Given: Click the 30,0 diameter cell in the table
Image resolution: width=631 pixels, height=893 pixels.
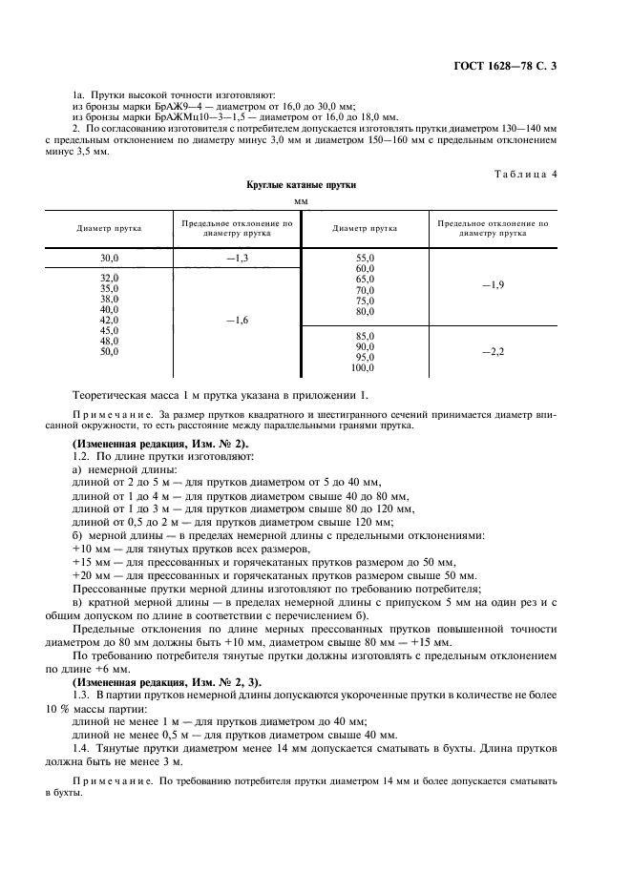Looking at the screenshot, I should coord(109,259).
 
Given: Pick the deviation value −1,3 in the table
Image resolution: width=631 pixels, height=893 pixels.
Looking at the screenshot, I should coord(237,259).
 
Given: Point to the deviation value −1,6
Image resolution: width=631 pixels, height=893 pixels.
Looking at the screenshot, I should coord(237,321).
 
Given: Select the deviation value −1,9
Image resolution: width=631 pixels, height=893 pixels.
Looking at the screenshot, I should coord(493,285).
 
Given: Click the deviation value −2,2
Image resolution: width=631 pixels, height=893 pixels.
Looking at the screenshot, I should coord(493,352).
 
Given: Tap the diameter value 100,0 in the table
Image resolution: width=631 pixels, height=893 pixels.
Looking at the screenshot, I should coord(364,368).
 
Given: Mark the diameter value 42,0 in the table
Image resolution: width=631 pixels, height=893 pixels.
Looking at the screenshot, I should coord(109,321).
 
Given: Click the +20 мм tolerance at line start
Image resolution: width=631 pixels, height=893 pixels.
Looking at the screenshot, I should coord(92,575).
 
